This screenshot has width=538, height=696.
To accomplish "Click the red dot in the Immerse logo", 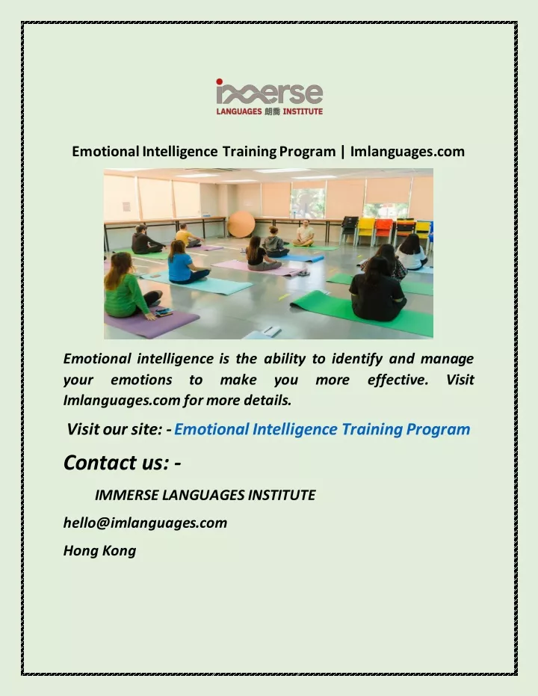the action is [x=219, y=81].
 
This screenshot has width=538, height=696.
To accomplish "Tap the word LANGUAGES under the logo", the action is [x=239, y=111].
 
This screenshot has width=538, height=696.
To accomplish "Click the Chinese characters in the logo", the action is [x=272, y=111].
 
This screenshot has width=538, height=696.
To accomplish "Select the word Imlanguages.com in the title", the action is [x=407, y=151].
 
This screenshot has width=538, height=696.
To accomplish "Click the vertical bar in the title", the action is [x=343, y=152].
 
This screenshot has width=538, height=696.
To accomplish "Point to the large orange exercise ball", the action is [x=241, y=224].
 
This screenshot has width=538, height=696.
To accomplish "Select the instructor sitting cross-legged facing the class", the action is [x=304, y=234].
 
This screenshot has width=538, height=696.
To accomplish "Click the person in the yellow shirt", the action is [x=186, y=236].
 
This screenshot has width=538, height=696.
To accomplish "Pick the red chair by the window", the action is [x=383, y=230].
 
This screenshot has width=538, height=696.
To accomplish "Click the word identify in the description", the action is [x=356, y=359].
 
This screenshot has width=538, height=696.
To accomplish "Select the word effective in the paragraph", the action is [x=398, y=380].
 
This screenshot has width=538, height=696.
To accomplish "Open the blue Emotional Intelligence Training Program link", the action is [x=322, y=429].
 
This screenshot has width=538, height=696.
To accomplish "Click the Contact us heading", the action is [x=122, y=463].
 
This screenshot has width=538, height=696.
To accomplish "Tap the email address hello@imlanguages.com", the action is [x=145, y=523].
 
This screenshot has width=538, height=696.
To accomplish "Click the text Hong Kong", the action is [x=100, y=551].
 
